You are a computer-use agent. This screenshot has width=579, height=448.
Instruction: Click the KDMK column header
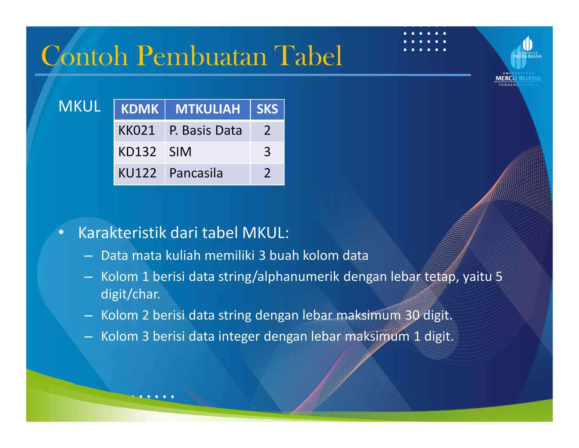click(140, 109)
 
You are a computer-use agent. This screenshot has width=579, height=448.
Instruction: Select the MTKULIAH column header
click(208, 109)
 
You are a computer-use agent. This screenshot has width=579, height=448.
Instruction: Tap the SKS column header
click(267, 109)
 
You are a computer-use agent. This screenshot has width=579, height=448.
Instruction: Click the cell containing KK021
click(137, 131)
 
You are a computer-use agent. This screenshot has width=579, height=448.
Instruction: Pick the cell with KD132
click(137, 152)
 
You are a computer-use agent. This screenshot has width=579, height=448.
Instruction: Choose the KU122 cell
click(137, 173)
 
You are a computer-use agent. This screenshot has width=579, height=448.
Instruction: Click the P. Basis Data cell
click(206, 131)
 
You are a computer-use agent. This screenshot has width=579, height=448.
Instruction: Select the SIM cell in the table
click(180, 152)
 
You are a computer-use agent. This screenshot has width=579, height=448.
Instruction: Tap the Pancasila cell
click(196, 173)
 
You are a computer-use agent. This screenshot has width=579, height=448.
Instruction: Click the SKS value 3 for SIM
click(267, 152)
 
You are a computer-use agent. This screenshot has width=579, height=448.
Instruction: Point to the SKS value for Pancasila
click(267, 173)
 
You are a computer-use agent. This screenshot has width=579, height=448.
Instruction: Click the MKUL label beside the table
click(79, 106)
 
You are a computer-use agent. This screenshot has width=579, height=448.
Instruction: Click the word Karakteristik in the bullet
click(122, 233)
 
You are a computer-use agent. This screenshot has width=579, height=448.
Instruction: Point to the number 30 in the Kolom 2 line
click(412, 315)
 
